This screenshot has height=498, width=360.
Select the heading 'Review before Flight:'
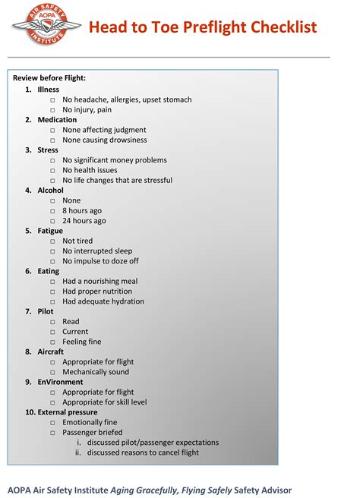click(x=49, y=78)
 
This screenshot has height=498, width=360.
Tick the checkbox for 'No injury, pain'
click(x=53, y=110)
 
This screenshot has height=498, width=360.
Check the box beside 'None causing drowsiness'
click(x=53, y=140)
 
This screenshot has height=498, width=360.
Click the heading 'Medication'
click(x=57, y=120)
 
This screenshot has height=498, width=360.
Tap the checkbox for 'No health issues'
click(x=53, y=171)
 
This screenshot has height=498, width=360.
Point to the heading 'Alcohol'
click(x=51, y=191)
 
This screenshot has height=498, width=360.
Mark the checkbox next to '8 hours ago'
click(x=53, y=211)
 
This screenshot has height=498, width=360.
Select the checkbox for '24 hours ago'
click(x=53, y=221)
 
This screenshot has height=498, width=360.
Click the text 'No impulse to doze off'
click(x=100, y=261)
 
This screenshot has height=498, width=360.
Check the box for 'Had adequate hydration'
click(x=53, y=301)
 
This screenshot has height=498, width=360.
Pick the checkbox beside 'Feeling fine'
click(x=53, y=342)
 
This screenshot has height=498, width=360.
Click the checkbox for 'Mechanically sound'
click(x=53, y=372)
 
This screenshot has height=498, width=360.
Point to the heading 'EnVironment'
click(x=60, y=382)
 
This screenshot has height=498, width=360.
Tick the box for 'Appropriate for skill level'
click(x=53, y=402)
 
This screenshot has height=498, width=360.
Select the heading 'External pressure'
click(x=68, y=412)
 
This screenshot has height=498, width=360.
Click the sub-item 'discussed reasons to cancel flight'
click(x=143, y=452)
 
